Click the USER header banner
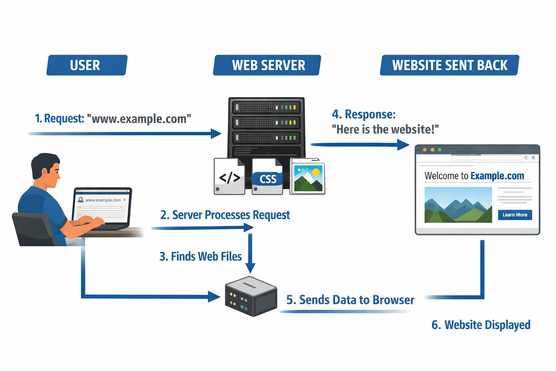(x=87, y=65)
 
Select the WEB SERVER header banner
(x=267, y=65)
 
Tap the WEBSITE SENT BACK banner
(x=450, y=65)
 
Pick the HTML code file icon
(x=229, y=177)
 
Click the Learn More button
(x=515, y=215)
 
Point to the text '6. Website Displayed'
(x=481, y=325)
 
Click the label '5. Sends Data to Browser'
(x=350, y=300)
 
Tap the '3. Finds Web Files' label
(x=201, y=257)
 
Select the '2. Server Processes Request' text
(x=225, y=215)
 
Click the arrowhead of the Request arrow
(x=216, y=133)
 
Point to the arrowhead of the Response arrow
(x=404, y=145)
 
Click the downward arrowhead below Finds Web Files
(x=250, y=268)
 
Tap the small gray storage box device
(x=251, y=296)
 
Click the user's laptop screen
(x=102, y=207)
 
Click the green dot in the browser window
(x=439, y=150)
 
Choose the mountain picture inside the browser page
(x=458, y=205)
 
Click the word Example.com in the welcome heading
(x=497, y=176)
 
